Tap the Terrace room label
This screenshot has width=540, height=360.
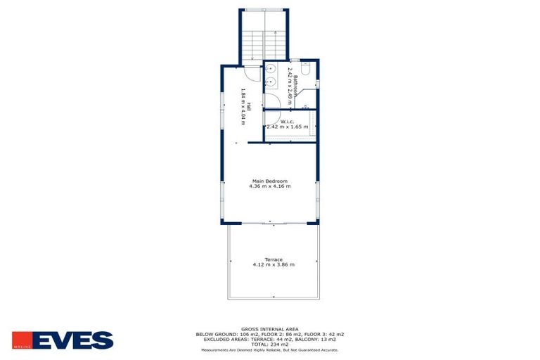[x=274, y=259]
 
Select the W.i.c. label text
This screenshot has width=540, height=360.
[x=287, y=121]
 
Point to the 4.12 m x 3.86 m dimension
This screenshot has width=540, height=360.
[x=274, y=264]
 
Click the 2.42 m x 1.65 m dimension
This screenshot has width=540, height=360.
[x=287, y=127]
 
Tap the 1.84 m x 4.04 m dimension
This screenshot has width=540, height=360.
[x=242, y=105]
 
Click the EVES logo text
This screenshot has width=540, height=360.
[x=72, y=341]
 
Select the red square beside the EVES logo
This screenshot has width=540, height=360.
[x=20, y=340]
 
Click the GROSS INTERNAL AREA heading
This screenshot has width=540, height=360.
[x=270, y=328]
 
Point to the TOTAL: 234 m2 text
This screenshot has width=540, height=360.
[x=270, y=344]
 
